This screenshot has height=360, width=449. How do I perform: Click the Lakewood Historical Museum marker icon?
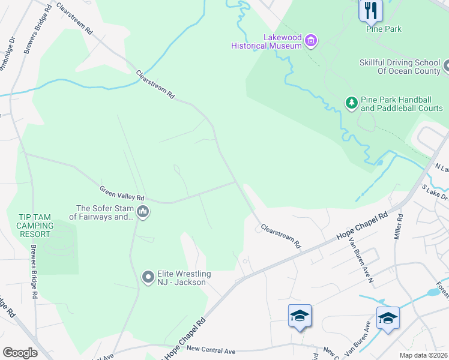tap(311, 41)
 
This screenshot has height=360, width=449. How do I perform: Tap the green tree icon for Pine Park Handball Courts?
tap(352, 103)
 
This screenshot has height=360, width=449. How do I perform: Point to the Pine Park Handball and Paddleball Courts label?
tap(402, 104)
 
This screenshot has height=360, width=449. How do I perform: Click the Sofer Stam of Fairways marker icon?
tap(143, 212)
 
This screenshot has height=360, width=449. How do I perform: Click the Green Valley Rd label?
tap(122, 193)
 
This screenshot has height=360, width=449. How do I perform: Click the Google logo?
tap(20, 353)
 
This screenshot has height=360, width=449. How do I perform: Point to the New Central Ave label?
tap(211, 348)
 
